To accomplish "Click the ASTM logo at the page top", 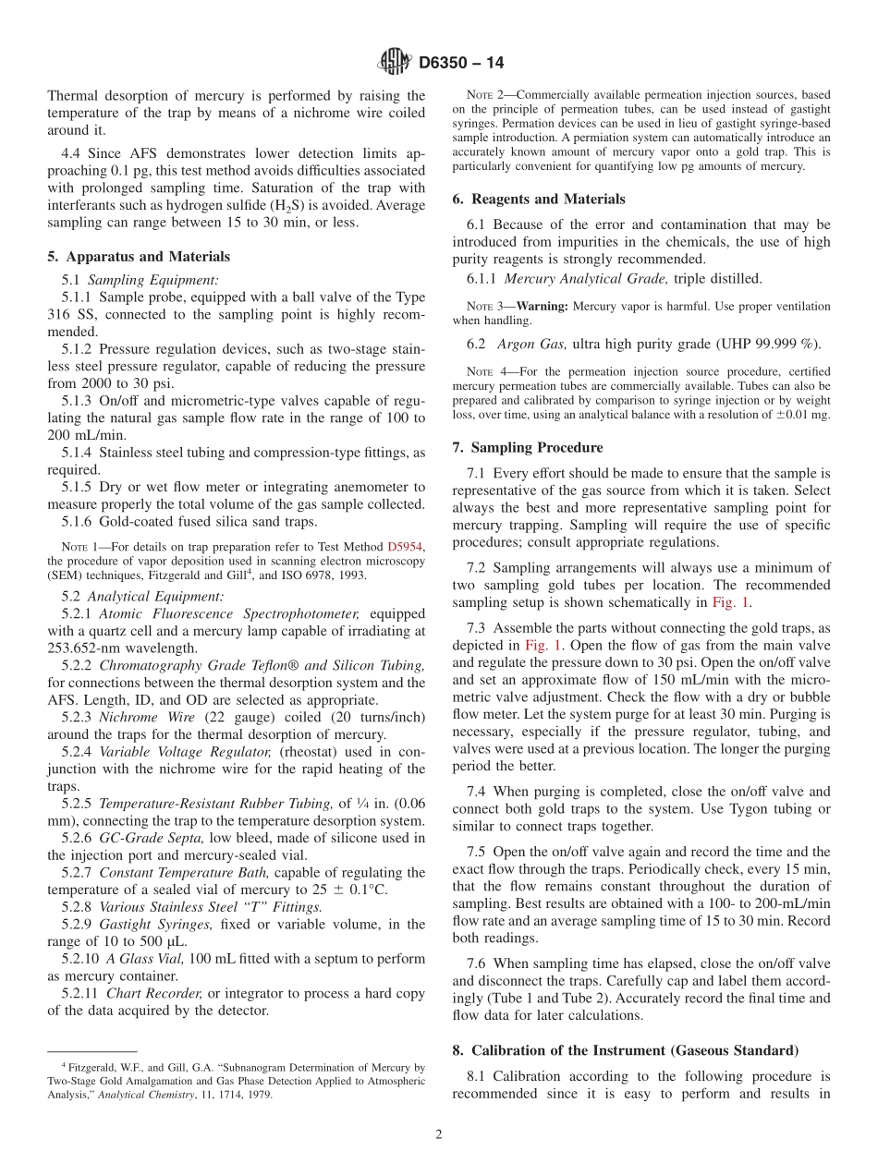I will (x=395, y=63).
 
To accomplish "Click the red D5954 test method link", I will (x=405, y=546).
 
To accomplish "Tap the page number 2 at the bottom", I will (x=439, y=1135).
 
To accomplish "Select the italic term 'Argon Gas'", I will (x=530, y=345).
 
